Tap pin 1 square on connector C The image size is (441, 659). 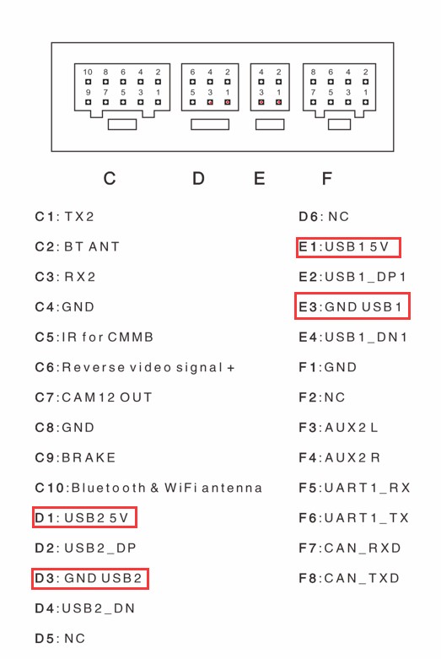coord(158,102)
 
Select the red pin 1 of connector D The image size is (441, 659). coord(228,102)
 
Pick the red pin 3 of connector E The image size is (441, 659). coord(261,102)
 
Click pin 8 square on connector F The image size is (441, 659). coord(314,82)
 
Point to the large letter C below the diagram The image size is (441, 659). coord(110,179)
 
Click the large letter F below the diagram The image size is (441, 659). coord(327,179)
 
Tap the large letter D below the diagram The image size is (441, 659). coord(199,179)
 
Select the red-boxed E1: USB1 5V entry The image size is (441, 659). coord(348,247)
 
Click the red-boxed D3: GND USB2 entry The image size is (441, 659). coord(90,578)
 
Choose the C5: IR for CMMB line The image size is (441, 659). coord(94,337)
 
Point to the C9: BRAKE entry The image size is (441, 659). coord(75,457)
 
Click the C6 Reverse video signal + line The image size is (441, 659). coord(135,368)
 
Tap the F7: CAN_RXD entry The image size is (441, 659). coord(350,548)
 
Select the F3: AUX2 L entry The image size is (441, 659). coord(338,428)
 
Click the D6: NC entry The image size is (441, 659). coord(324,217)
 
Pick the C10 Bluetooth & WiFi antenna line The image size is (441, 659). coord(148,488)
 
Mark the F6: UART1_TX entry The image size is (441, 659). coord(353,518)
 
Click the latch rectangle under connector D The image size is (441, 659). coord(210,124)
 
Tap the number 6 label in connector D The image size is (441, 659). coord(193,73)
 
